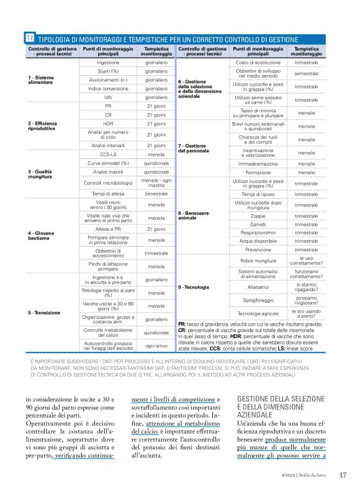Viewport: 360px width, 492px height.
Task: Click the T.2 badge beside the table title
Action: (30, 38)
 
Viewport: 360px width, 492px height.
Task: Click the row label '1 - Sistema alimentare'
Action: (41, 80)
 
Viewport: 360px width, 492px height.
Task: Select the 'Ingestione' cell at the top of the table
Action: (109, 63)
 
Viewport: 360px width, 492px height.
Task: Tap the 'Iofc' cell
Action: (109, 97)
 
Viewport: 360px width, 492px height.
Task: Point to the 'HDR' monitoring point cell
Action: (109, 123)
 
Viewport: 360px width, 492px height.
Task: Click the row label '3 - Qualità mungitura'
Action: (40, 174)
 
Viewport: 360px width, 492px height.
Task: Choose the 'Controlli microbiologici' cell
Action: (109, 183)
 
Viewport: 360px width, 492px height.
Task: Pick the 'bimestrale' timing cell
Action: (156, 194)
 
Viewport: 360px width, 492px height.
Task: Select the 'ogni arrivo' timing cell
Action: (156, 345)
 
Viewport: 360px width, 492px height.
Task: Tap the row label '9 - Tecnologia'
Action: (194, 287)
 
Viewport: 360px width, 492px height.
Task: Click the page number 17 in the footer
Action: (343, 475)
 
